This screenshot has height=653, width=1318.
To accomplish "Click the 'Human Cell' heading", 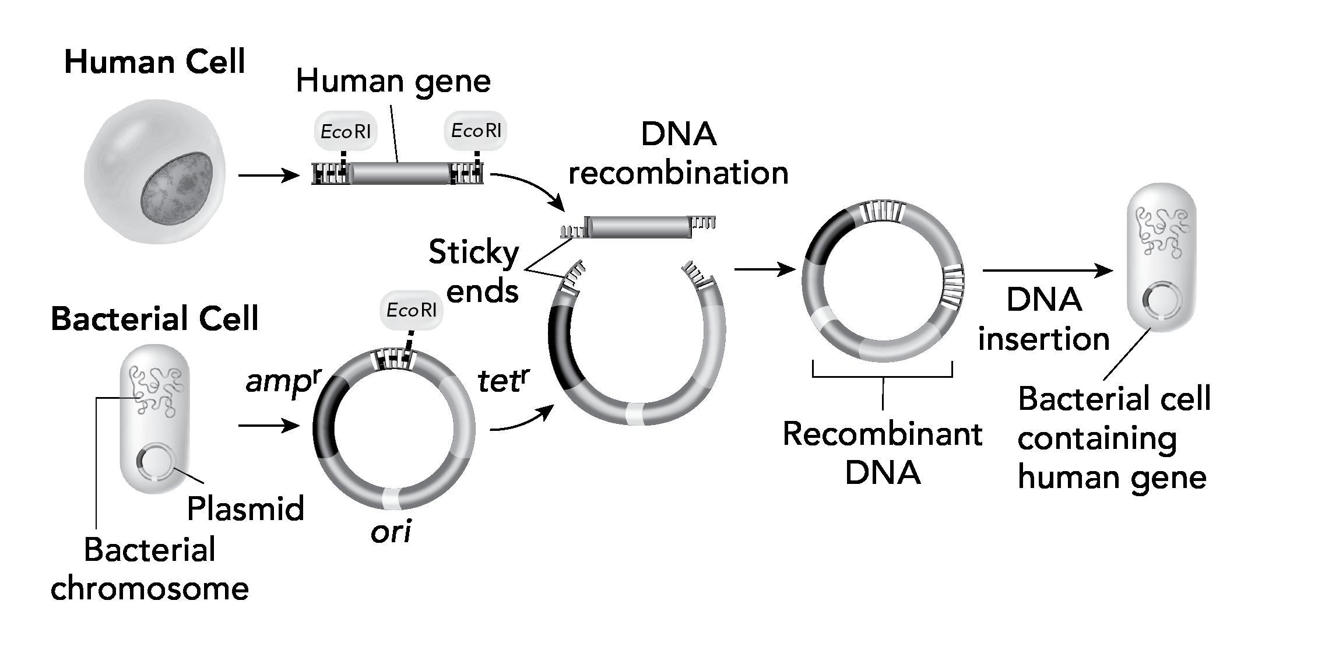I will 154,62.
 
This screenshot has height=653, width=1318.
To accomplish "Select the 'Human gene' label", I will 393,81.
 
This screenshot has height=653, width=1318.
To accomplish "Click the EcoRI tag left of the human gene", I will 345,131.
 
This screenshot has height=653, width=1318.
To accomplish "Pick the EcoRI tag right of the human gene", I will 476,131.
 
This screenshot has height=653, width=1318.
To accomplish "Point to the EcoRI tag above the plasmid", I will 411,310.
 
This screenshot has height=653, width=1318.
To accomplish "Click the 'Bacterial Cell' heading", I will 154,319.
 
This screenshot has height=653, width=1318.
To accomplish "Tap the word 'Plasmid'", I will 245,508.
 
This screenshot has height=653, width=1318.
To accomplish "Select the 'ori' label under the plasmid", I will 391,531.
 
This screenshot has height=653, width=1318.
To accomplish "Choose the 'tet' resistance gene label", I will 503,382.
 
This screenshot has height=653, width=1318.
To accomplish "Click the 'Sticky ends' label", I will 473,272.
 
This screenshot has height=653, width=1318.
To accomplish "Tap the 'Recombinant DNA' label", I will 882,453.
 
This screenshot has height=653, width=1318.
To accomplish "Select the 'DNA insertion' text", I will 1043,320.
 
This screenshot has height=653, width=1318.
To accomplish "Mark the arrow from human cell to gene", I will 269,175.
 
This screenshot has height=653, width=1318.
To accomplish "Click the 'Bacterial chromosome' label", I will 150,568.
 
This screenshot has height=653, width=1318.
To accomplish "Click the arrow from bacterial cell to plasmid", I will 269,426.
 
